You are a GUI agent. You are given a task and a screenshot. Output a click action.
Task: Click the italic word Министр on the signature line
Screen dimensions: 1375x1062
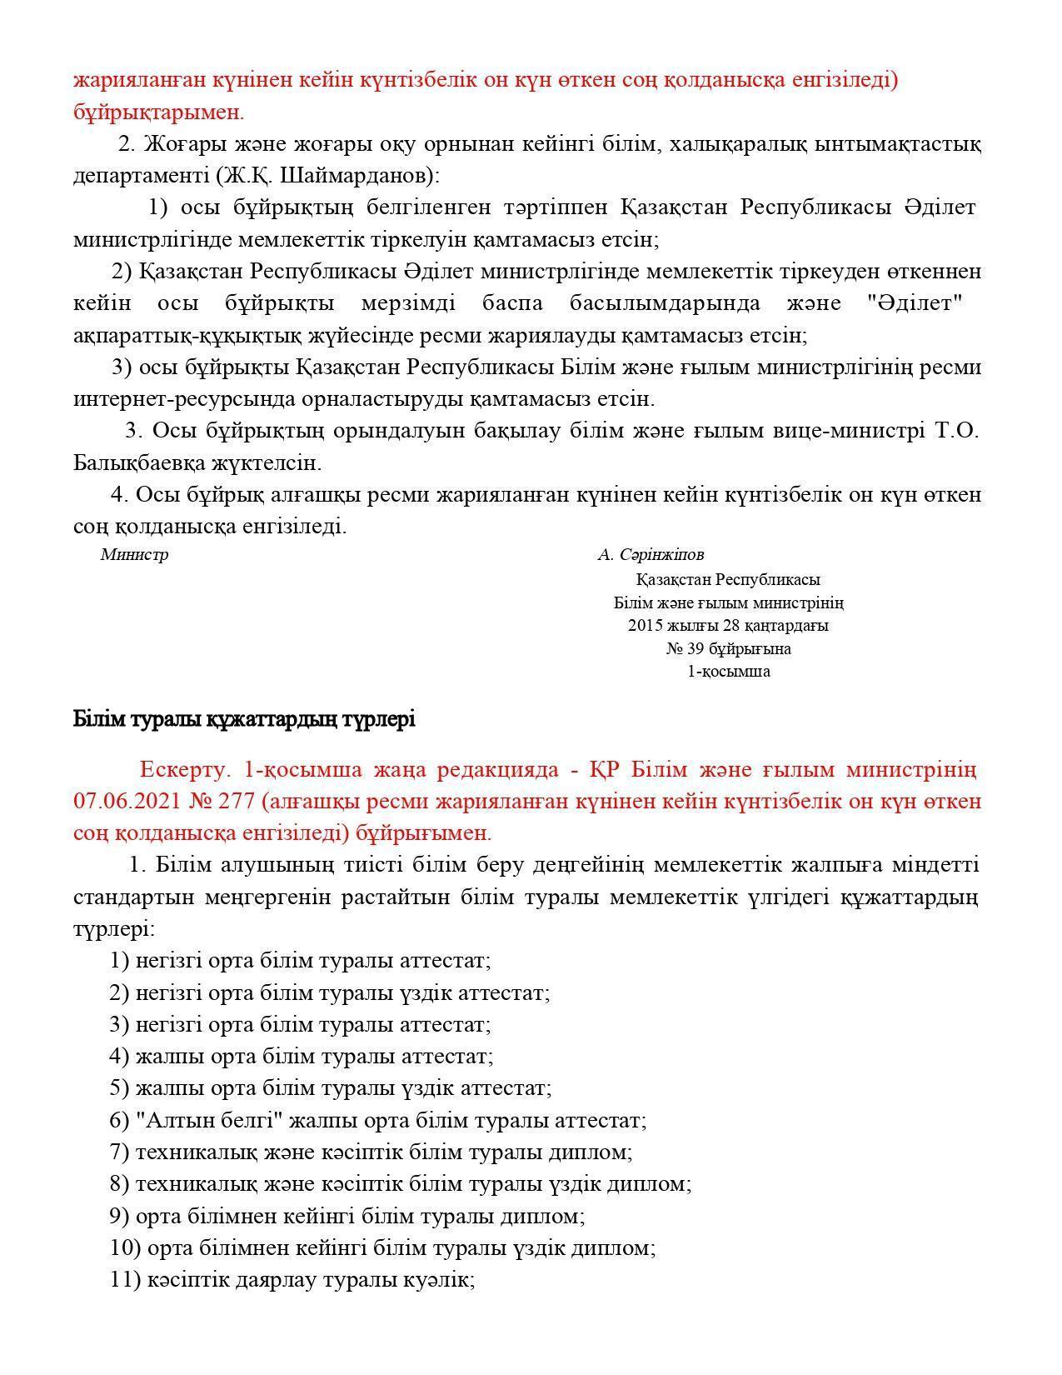[x=134, y=555]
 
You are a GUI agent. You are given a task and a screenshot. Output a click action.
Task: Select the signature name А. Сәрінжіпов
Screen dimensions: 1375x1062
[x=651, y=555]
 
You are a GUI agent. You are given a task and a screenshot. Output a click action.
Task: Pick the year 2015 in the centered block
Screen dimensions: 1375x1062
[x=644, y=626]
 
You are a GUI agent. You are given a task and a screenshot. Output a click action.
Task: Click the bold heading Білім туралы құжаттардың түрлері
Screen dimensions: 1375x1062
[x=244, y=719]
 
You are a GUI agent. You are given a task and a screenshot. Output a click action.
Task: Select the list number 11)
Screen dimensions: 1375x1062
[x=125, y=1280]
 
